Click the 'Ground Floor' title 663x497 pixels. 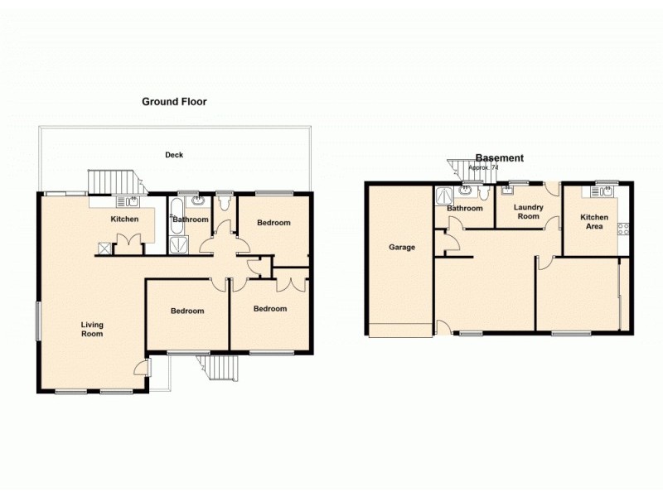click(174, 102)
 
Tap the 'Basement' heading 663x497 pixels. click(499, 158)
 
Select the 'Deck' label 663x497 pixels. click(173, 155)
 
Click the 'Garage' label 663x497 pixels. click(402, 247)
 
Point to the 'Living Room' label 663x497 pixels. click(92, 329)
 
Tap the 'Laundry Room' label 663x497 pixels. click(527, 212)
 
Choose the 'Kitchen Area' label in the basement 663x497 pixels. click(593, 222)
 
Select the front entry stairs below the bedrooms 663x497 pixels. click(219, 367)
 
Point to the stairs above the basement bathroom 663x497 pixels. click(459, 170)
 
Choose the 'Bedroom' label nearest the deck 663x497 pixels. click(273, 223)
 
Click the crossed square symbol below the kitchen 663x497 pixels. click(104, 247)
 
